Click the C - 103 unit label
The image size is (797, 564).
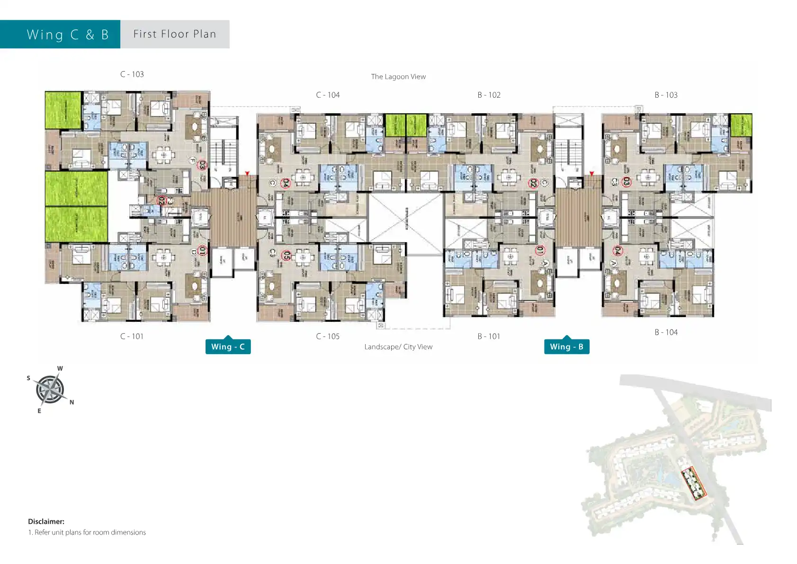tap(132, 74)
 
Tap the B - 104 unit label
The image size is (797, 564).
tap(666, 332)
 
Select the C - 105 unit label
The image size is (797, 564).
tap(328, 337)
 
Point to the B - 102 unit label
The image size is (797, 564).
tap(489, 95)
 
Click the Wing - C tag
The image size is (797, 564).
tap(228, 346)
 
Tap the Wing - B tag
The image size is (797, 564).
tap(566, 346)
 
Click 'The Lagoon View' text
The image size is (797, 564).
tap(398, 77)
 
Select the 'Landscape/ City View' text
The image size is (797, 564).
tap(398, 347)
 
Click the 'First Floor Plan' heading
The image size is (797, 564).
tap(175, 34)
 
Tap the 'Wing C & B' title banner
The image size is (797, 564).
tap(68, 35)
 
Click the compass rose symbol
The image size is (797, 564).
tap(50, 390)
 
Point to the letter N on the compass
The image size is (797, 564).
tap(72, 402)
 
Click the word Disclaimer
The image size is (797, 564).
tap(46, 521)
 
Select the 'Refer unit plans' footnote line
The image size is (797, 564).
tap(87, 532)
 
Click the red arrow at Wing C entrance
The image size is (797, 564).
tap(247, 174)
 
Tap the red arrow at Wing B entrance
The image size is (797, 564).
tap(591, 174)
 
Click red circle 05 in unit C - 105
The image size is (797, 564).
tap(287, 255)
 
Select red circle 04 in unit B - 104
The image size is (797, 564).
tap(618, 251)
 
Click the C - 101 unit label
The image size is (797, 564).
tap(132, 337)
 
